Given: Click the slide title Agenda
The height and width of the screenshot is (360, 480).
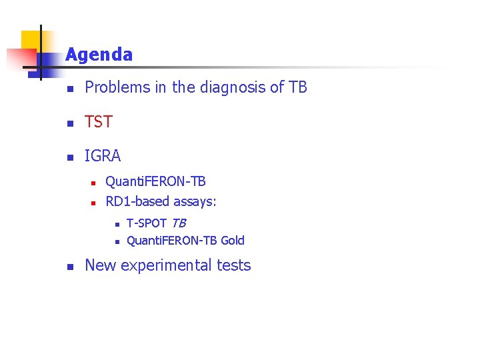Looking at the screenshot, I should [x=99, y=55].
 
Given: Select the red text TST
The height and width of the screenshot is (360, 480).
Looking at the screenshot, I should [x=99, y=122].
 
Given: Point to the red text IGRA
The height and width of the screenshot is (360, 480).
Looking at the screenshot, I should [x=103, y=156].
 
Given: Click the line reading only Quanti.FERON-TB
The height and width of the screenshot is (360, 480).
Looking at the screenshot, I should [x=155, y=181].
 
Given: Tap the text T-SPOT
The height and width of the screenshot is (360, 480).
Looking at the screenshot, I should [x=146, y=223].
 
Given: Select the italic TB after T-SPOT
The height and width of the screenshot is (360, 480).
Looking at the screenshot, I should [x=178, y=223].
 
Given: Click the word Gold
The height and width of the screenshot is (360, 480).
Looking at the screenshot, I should [x=232, y=241].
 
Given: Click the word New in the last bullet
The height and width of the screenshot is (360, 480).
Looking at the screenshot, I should [x=100, y=265].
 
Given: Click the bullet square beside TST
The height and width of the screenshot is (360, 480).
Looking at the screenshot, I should [x=68, y=123].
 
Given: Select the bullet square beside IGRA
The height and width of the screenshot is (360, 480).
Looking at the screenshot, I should [x=68, y=157].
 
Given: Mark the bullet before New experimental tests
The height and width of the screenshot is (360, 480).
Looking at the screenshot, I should [x=68, y=267].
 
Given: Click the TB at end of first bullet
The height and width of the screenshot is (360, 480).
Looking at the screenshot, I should [x=297, y=87].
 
